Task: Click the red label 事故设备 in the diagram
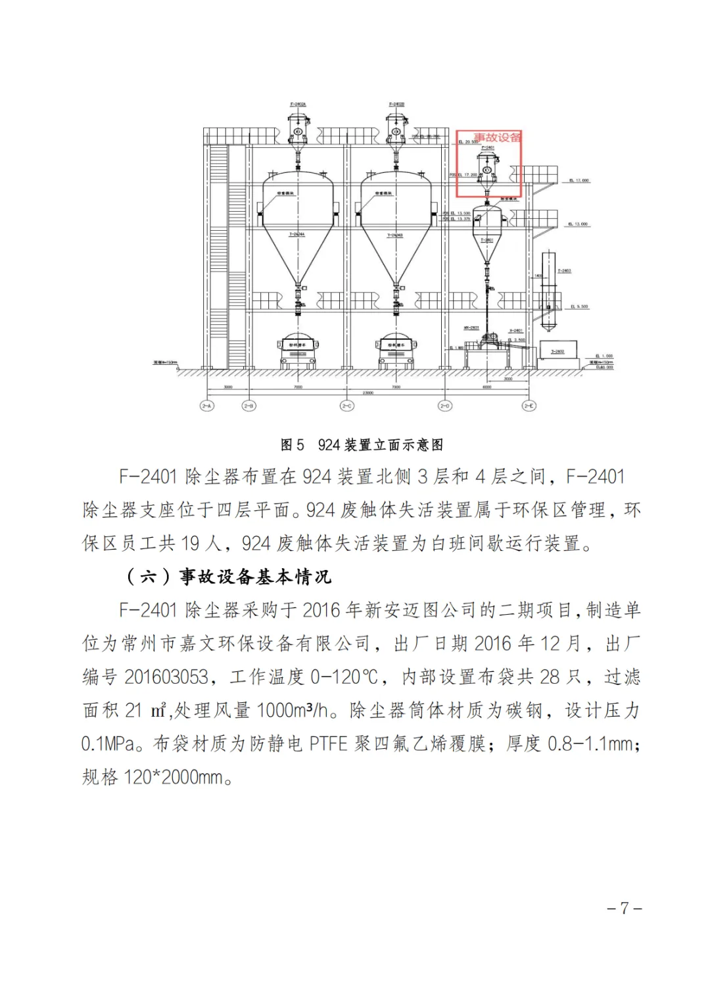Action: click(498, 137)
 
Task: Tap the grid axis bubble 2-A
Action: click(207, 406)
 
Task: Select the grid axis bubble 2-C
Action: click(346, 406)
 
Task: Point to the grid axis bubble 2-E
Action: click(529, 406)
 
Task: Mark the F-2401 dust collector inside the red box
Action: click(487, 169)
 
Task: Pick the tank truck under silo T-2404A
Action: click(298, 352)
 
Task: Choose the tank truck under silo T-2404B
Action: click(396, 352)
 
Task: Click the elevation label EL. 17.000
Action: click(579, 180)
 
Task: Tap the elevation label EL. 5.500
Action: click(579, 306)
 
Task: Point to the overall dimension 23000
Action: click(367, 393)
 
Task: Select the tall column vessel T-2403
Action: click(548, 289)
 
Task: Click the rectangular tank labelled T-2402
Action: click(558, 351)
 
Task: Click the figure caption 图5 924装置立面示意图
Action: click(362, 445)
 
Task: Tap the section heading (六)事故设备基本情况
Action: click(229, 577)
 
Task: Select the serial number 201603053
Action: click(166, 677)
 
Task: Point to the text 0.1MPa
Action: click(108, 744)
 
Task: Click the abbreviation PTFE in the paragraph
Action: click(328, 744)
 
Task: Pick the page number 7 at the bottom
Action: click(624, 909)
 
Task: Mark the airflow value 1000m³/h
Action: click(292, 710)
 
